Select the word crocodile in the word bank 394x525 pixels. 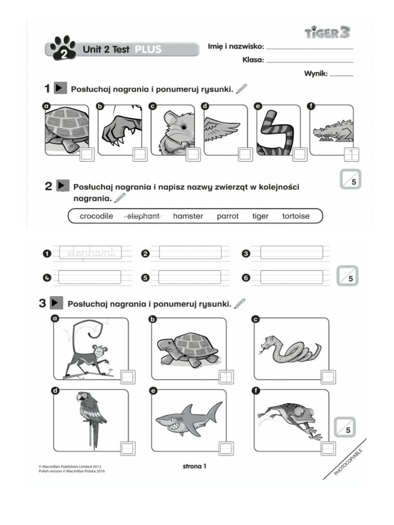click(96, 216)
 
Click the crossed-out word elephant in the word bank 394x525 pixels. click(143, 216)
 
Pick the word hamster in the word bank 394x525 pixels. click(188, 216)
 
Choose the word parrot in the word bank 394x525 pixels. click(227, 216)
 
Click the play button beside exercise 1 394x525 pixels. click(60, 89)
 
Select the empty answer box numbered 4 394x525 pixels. click(89, 277)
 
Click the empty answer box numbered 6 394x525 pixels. click(291, 277)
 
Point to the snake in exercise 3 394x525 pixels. click(290, 350)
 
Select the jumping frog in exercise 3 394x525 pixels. click(290, 418)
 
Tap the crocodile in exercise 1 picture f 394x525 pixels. click(333, 131)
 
